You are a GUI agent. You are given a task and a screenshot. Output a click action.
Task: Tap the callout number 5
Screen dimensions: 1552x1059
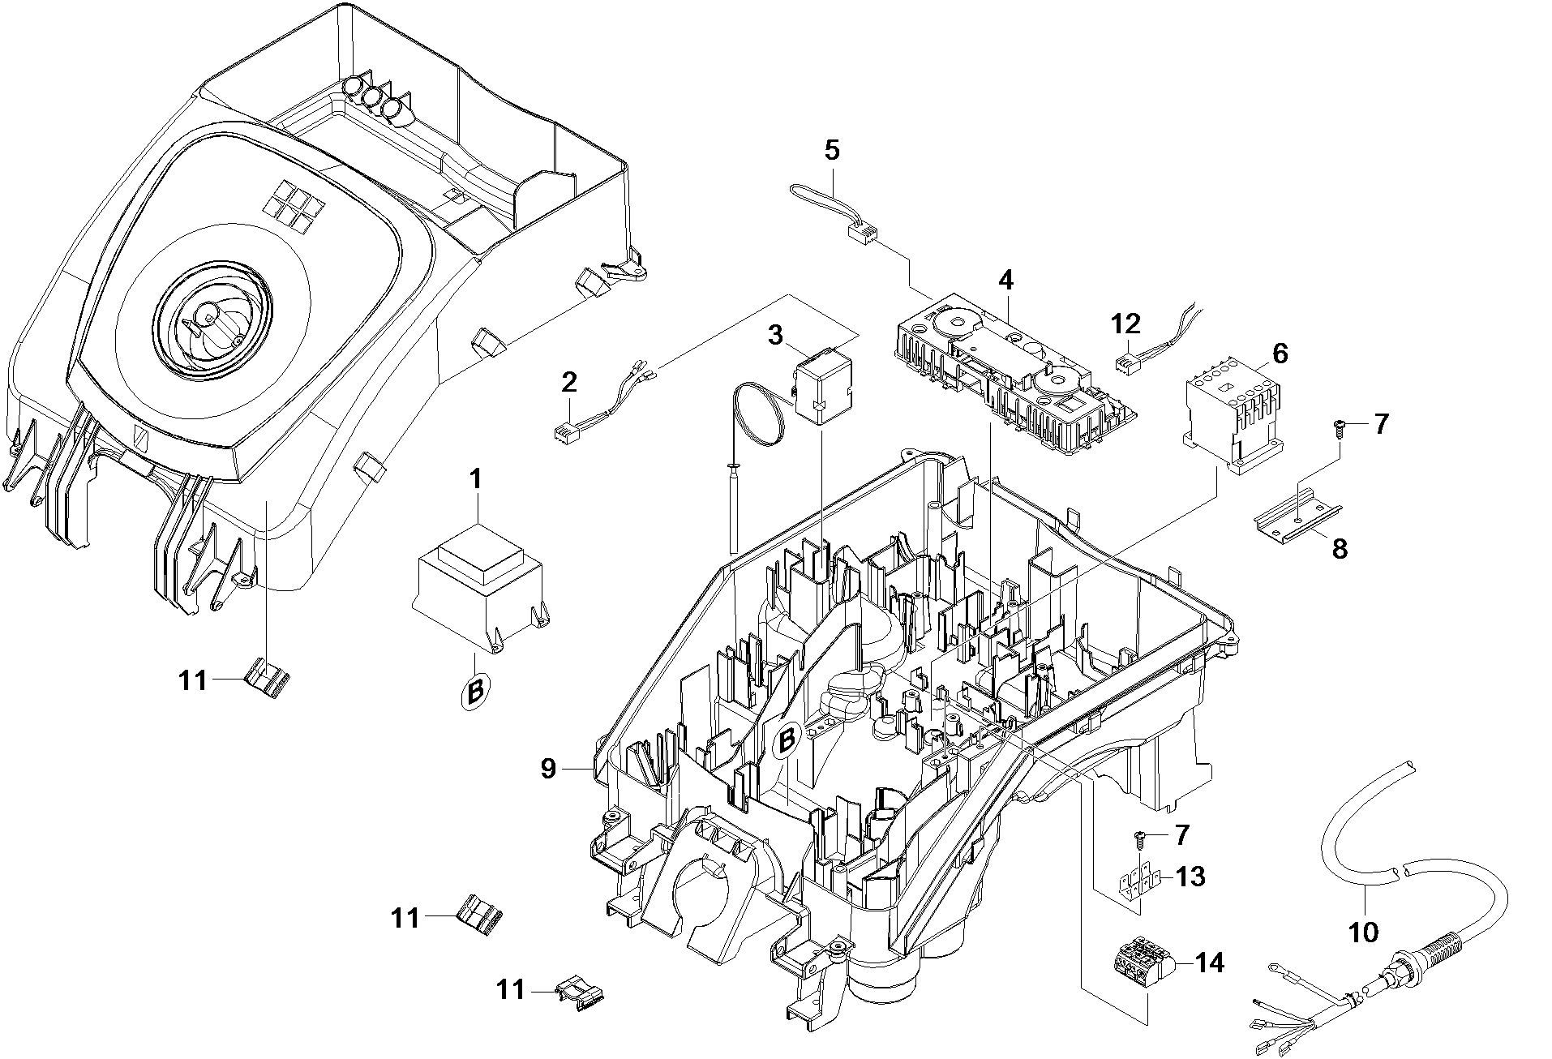(x=832, y=151)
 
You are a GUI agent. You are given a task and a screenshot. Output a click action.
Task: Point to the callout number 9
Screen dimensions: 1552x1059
(x=548, y=769)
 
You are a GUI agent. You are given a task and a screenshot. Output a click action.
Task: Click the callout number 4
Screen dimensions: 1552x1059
(x=1005, y=281)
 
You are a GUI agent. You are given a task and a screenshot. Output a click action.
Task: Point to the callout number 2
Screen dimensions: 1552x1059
(x=569, y=382)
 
